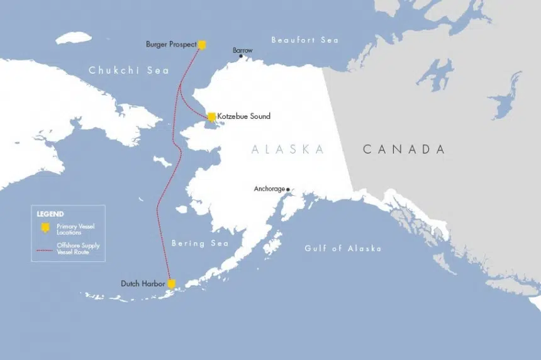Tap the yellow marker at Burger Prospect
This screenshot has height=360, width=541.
click(x=202, y=45)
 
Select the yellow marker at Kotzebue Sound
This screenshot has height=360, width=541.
click(x=212, y=116)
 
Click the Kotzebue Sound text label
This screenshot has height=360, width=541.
click(x=244, y=116)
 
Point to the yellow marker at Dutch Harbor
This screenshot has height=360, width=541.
click(x=170, y=284)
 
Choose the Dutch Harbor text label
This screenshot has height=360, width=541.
click(x=143, y=284)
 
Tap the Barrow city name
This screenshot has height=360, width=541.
click(x=242, y=50)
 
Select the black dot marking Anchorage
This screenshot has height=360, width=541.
click(x=288, y=189)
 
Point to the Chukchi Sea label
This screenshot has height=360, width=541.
click(x=129, y=70)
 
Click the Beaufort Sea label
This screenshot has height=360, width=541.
click(x=304, y=40)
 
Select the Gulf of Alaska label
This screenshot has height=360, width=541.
click(x=343, y=249)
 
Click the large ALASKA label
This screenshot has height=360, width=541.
click(x=287, y=149)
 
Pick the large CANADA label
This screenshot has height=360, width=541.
click(x=403, y=149)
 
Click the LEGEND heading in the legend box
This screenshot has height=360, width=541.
click(x=50, y=214)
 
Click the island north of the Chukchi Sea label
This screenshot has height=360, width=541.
click(x=74, y=38)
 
